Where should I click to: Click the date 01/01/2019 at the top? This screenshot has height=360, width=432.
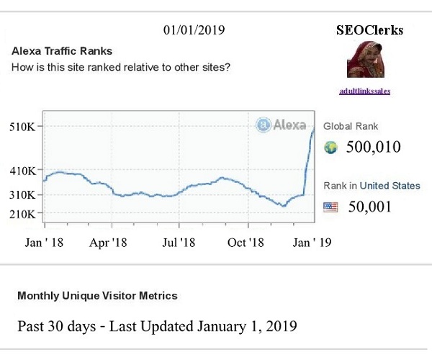194,30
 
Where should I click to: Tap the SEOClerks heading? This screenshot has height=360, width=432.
369,30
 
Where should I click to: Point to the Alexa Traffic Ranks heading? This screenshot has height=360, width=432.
62,52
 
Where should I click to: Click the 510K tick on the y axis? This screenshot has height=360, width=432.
24,127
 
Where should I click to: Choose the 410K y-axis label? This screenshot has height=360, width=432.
24,171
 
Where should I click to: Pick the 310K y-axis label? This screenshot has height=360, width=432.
24,195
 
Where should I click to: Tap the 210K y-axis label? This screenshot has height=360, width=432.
24,214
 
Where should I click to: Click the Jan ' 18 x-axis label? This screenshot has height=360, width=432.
44,243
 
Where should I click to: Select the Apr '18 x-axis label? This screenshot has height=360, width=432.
108,243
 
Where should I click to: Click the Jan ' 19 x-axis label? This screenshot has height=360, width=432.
312,243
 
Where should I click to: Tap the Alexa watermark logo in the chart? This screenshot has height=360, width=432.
281,125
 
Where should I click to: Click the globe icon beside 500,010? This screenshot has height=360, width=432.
331,148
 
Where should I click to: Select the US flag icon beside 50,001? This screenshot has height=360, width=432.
331,207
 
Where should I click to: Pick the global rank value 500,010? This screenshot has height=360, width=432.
373,148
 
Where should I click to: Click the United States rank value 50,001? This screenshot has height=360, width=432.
369,207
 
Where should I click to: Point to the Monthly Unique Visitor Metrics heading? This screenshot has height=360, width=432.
97,296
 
